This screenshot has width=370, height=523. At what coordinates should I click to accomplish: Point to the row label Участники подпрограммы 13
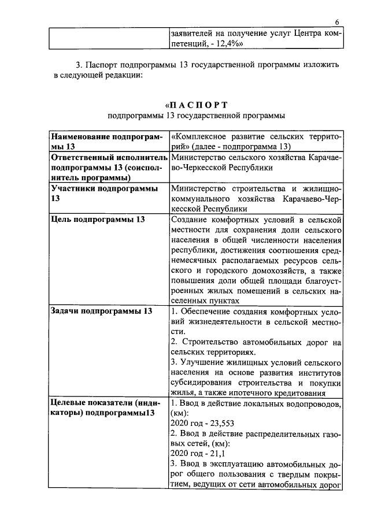click(x=104, y=193)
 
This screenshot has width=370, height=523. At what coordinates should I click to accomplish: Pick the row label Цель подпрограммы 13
click(x=98, y=219)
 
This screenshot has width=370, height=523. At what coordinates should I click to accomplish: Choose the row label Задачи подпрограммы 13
click(x=102, y=311)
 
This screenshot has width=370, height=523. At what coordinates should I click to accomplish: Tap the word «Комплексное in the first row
click(x=198, y=138)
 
